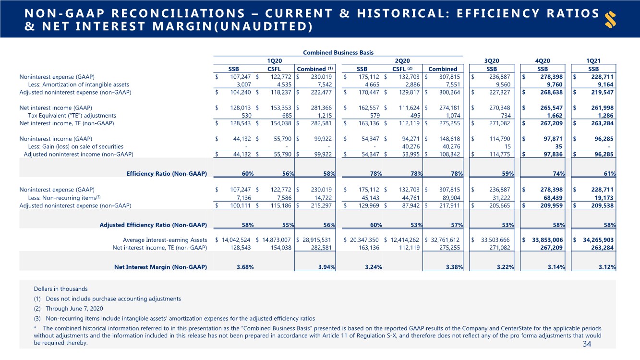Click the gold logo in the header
click(x=610, y=20)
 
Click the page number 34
click(x=587, y=344)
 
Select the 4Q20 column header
click(x=542, y=60)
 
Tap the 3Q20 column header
click(x=492, y=60)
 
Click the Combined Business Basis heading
click(x=338, y=53)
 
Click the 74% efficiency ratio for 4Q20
click(x=558, y=174)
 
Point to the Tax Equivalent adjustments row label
click(x=72, y=115)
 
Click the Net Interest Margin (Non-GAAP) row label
click(x=160, y=267)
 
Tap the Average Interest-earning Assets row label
click(x=165, y=240)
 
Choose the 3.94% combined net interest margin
click(x=327, y=267)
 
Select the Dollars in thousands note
click(x=60, y=289)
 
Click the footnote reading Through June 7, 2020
click(x=74, y=309)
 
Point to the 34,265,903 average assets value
click(x=598, y=240)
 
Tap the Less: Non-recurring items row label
click(x=64, y=198)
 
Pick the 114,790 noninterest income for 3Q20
click(x=500, y=139)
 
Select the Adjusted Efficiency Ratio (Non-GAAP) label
click(x=153, y=225)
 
